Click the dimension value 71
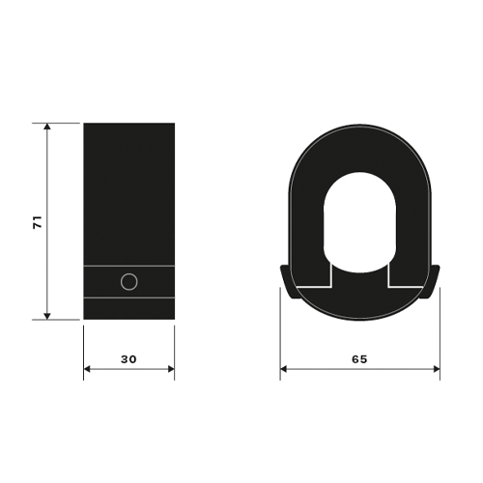tap(38, 222)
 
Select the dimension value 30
tap(128, 359)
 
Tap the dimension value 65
tap(359, 359)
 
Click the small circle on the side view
tap(129, 282)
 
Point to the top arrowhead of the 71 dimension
tap(47, 127)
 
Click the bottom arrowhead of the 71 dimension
tap(47, 316)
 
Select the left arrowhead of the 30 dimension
tap(88, 369)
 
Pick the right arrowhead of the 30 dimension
tap(171, 369)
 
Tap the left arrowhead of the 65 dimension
tap(284, 369)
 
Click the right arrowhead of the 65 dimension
tap(436, 369)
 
